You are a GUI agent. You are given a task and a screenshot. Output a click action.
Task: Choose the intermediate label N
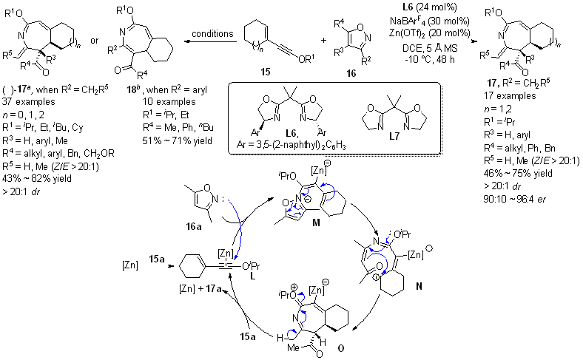[454, 285]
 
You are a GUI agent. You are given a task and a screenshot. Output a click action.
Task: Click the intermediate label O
[371, 348]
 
